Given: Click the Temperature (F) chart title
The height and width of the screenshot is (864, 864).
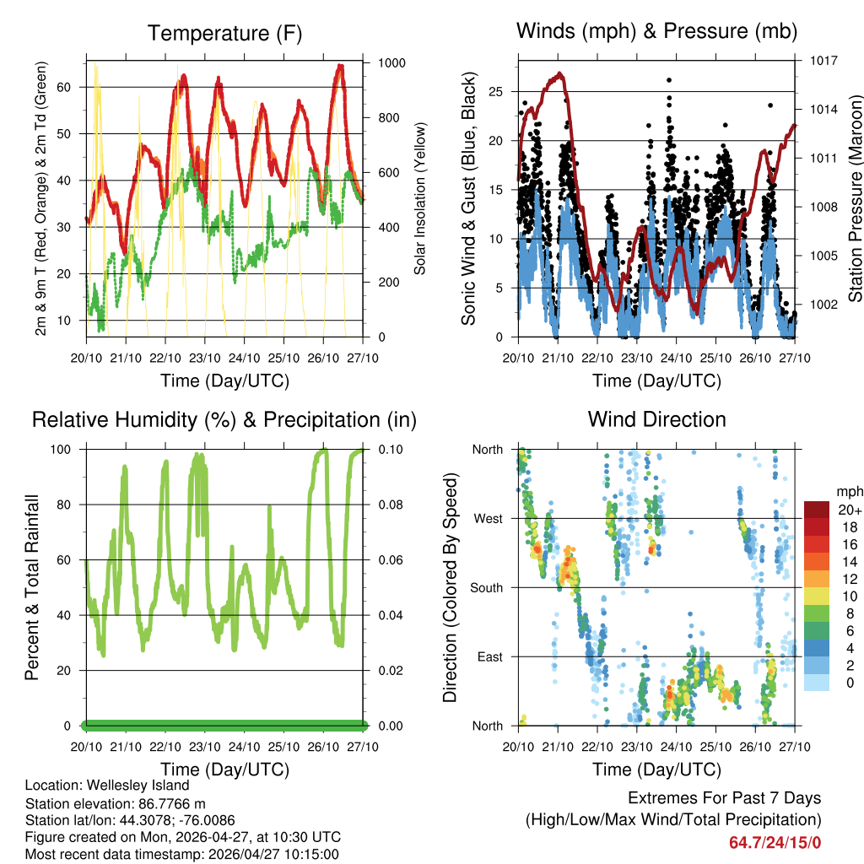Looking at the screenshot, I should (x=224, y=34).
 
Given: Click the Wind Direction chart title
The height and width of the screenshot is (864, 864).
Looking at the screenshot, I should (x=656, y=419).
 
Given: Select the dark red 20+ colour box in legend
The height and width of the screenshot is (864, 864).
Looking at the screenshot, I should (x=816, y=510).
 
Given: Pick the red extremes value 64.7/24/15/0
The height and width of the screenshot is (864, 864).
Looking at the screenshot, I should (x=775, y=842).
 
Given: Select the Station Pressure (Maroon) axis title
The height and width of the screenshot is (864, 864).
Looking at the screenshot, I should (x=855, y=198).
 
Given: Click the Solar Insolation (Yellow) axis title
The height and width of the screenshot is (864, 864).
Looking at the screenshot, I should (x=419, y=198).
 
